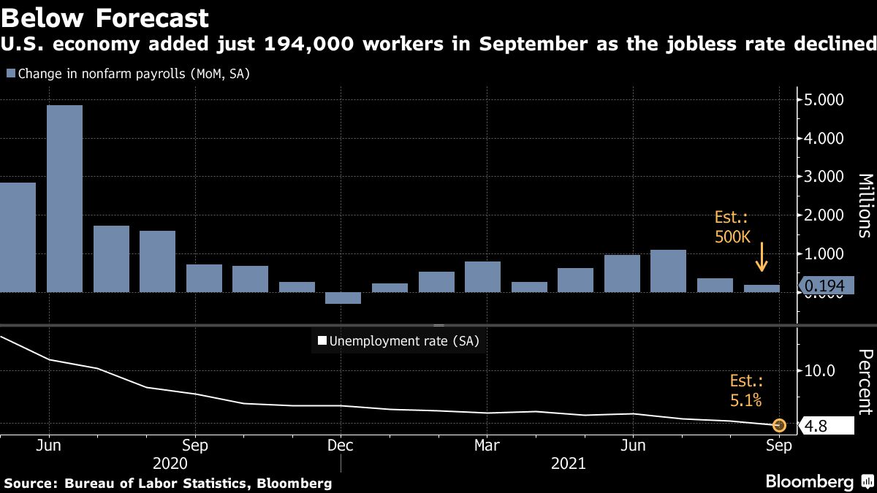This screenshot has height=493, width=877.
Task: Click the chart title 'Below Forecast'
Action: click(x=105, y=18)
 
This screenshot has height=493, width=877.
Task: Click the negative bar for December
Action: click(x=343, y=298)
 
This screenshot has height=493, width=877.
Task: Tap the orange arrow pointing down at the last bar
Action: click(x=761, y=257)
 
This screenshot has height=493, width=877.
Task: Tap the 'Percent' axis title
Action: click(x=865, y=383)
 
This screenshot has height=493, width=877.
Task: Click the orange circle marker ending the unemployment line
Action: click(x=779, y=424)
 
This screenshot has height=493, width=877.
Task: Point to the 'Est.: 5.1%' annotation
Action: click(x=746, y=390)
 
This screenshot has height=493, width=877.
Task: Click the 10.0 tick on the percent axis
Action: click(x=819, y=371)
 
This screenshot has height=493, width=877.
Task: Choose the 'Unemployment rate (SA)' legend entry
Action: click(x=398, y=340)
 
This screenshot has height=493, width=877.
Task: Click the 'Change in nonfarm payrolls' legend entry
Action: click(x=129, y=74)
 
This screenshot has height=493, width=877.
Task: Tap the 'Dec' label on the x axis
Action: click(x=341, y=444)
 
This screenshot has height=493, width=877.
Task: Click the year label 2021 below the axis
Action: click(x=569, y=463)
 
